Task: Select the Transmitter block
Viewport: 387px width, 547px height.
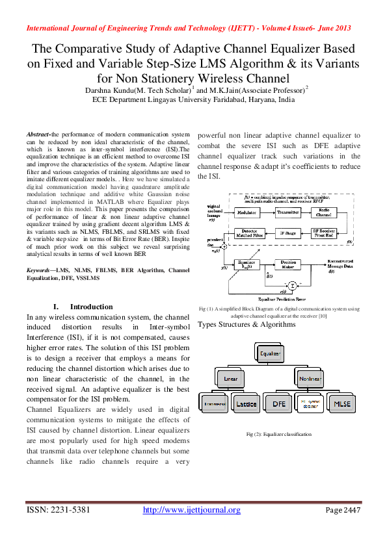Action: [x=287, y=212]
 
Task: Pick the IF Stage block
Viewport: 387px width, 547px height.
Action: [x=287, y=232]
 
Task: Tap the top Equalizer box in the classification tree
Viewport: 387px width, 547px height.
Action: [x=271, y=354]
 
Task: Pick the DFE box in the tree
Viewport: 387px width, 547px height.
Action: [x=279, y=403]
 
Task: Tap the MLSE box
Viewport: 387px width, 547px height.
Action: [x=341, y=403]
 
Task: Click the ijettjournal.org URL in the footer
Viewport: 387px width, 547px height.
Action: [x=191, y=510]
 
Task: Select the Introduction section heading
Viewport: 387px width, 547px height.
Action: [x=83, y=307]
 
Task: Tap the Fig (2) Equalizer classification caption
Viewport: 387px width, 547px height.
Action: [x=278, y=434]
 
